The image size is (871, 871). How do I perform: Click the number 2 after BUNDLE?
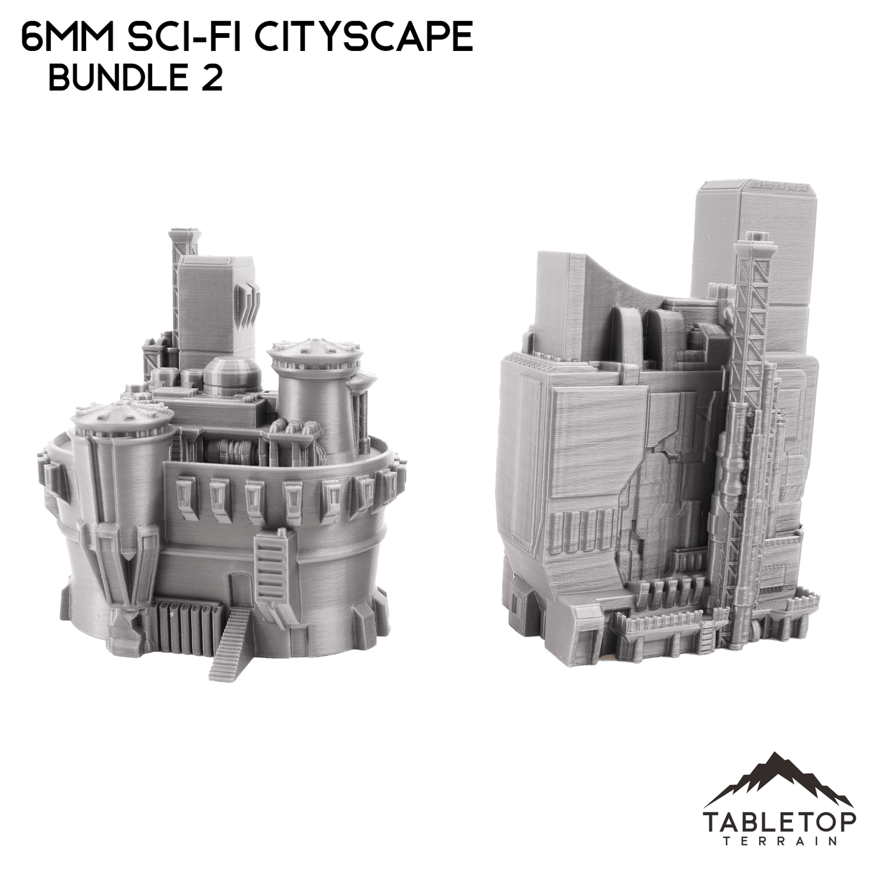click(211, 80)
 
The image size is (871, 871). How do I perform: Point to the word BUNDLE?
click(115, 80)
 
